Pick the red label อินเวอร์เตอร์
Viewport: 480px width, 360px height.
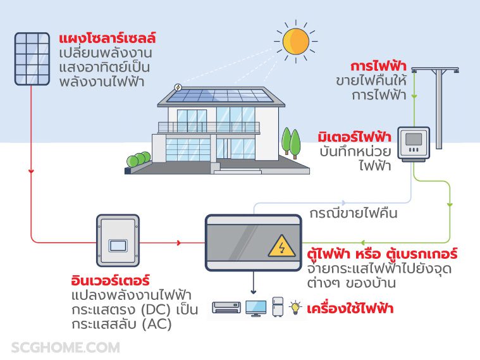tap(110, 279)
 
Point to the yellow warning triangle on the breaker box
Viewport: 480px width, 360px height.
tap(281, 245)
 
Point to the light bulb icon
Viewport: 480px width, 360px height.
tap(295, 307)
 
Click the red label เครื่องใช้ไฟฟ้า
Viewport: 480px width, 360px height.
tap(350, 309)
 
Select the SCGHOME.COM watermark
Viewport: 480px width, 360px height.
tap(65, 347)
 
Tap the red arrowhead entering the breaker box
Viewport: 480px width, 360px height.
tap(180, 242)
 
